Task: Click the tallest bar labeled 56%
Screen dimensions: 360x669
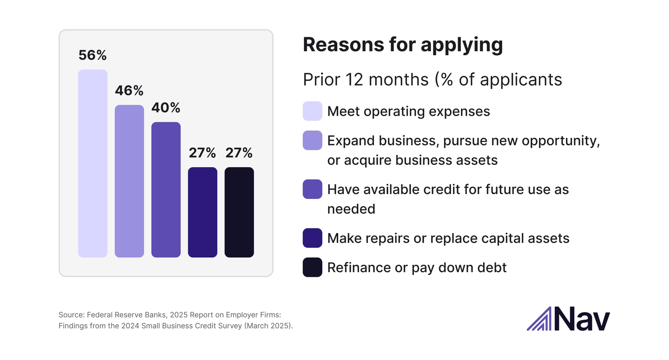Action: [92, 164]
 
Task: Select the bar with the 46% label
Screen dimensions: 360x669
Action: [129, 181]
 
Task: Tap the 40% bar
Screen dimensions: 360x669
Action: [166, 190]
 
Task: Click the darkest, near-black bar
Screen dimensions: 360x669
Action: [239, 212]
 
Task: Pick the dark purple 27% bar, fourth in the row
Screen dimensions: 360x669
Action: [203, 212]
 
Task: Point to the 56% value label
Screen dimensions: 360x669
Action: [92, 55]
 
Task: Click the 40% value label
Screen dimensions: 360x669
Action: [166, 108]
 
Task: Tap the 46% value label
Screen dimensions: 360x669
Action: [129, 91]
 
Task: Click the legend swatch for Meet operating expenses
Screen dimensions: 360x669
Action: [312, 111]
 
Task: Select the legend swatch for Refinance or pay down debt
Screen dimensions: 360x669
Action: [312, 267]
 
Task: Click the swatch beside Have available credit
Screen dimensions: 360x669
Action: [312, 189]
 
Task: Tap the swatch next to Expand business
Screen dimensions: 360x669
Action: [312, 140]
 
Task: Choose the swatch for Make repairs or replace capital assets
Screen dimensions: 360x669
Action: [312, 238]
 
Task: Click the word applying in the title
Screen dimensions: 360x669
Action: [462, 45]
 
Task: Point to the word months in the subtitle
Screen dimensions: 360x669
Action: [398, 79]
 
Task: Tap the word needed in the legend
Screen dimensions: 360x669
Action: [351, 209]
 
